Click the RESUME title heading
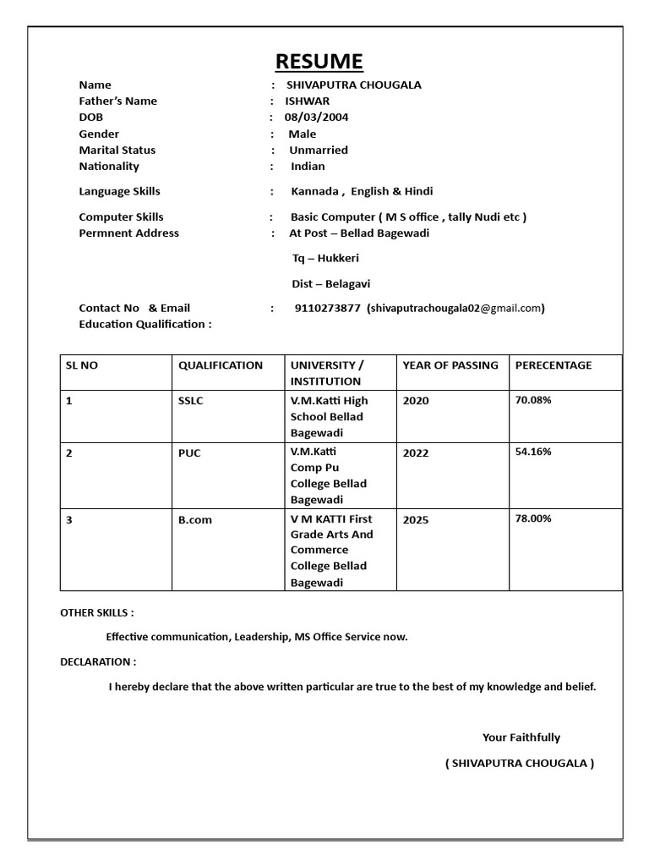(x=319, y=61)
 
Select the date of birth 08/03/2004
(x=316, y=118)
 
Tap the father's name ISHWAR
(x=307, y=101)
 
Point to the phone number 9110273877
(x=327, y=308)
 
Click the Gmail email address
(x=455, y=308)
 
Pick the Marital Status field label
(x=117, y=150)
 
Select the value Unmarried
(x=318, y=150)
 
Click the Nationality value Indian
(x=308, y=166)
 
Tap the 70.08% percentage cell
(x=533, y=400)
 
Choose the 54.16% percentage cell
(x=533, y=452)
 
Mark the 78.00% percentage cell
(x=533, y=518)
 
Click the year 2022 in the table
(x=416, y=453)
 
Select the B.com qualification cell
(x=194, y=520)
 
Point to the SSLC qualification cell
(x=190, y=401)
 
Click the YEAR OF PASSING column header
(x=450, y=365)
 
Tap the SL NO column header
(x=82, y=365)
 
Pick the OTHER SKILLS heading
(x=96, y=612)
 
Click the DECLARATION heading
(x=98, y=661)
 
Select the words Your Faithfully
(x=521, y=737)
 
